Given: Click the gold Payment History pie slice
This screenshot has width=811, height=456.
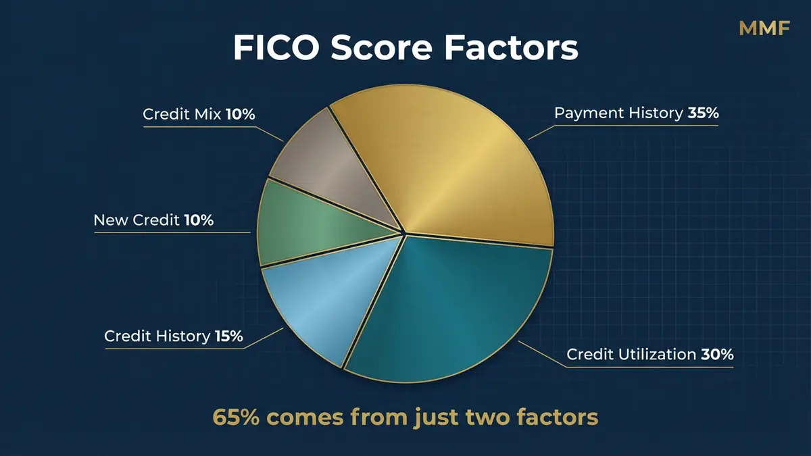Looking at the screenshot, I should pos(460,176).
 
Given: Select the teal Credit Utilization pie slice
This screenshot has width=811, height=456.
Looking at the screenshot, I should pos(453,304).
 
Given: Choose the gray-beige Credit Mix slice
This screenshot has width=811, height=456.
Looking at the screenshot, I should pos(331,169).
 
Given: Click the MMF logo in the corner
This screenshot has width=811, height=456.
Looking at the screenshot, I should pos(764,28).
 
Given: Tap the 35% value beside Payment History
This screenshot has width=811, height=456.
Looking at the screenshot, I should pos(703,113).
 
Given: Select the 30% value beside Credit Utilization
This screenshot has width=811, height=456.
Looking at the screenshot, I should pos(718,355).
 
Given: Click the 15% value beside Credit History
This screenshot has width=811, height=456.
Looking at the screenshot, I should pos(228,336).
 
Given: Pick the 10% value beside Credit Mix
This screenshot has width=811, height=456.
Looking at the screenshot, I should pos(241,115).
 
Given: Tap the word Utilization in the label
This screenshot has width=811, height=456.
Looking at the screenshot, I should pos(659,355).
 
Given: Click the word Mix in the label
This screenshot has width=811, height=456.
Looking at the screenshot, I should pos(208,115).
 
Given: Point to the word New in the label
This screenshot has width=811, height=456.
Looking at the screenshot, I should pos(108,220).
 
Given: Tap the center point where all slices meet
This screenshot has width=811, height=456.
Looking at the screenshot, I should pos(403,234).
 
